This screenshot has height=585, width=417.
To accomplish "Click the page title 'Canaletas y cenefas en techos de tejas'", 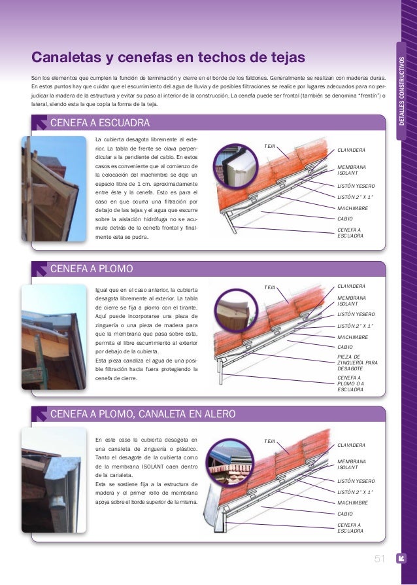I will coord(169,58).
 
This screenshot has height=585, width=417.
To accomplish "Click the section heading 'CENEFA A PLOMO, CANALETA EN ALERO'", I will coord(142,414).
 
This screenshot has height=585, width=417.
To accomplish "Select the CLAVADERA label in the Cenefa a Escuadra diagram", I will coord(351,151).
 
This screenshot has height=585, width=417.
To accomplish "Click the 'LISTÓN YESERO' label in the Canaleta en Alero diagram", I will coord(356,480).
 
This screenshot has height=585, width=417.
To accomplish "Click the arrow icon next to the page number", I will coord(401,558).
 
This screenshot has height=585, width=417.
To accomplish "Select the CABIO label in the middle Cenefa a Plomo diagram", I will coord(344,347).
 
